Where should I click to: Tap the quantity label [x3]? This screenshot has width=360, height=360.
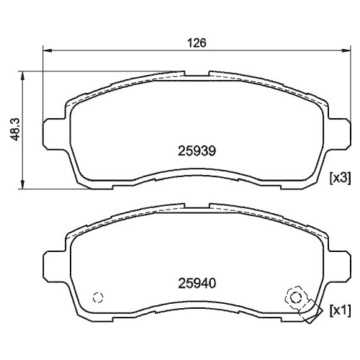click(x=339, y=178)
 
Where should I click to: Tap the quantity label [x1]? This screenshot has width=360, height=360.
click(x=339, y=311)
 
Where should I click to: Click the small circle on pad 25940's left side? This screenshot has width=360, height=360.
click(x=99, y=297)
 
